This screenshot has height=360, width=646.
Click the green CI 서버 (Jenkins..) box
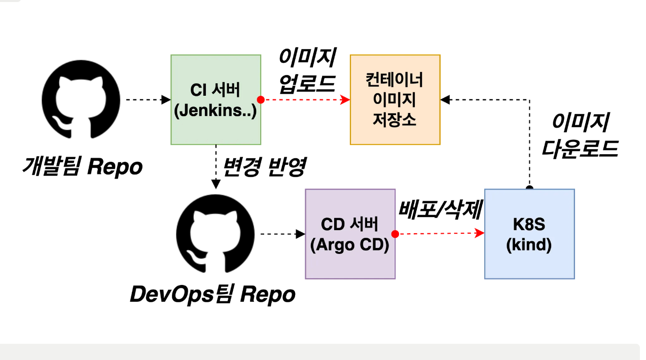[216, 100]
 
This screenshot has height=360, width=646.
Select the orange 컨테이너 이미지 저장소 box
[395, 100]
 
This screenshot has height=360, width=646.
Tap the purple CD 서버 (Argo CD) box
[350, 234]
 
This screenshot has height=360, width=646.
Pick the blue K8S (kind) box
[529, 234]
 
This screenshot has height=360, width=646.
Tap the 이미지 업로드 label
[307, 71]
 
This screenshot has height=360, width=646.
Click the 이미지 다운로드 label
[580, 136]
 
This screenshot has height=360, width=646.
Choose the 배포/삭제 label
[440, 210]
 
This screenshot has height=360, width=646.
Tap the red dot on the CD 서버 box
[395, 234]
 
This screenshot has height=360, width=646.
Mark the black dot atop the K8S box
[529, 189]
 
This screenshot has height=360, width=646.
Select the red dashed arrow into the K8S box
[439, 234]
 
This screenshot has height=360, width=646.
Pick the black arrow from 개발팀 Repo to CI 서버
[147, 100]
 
